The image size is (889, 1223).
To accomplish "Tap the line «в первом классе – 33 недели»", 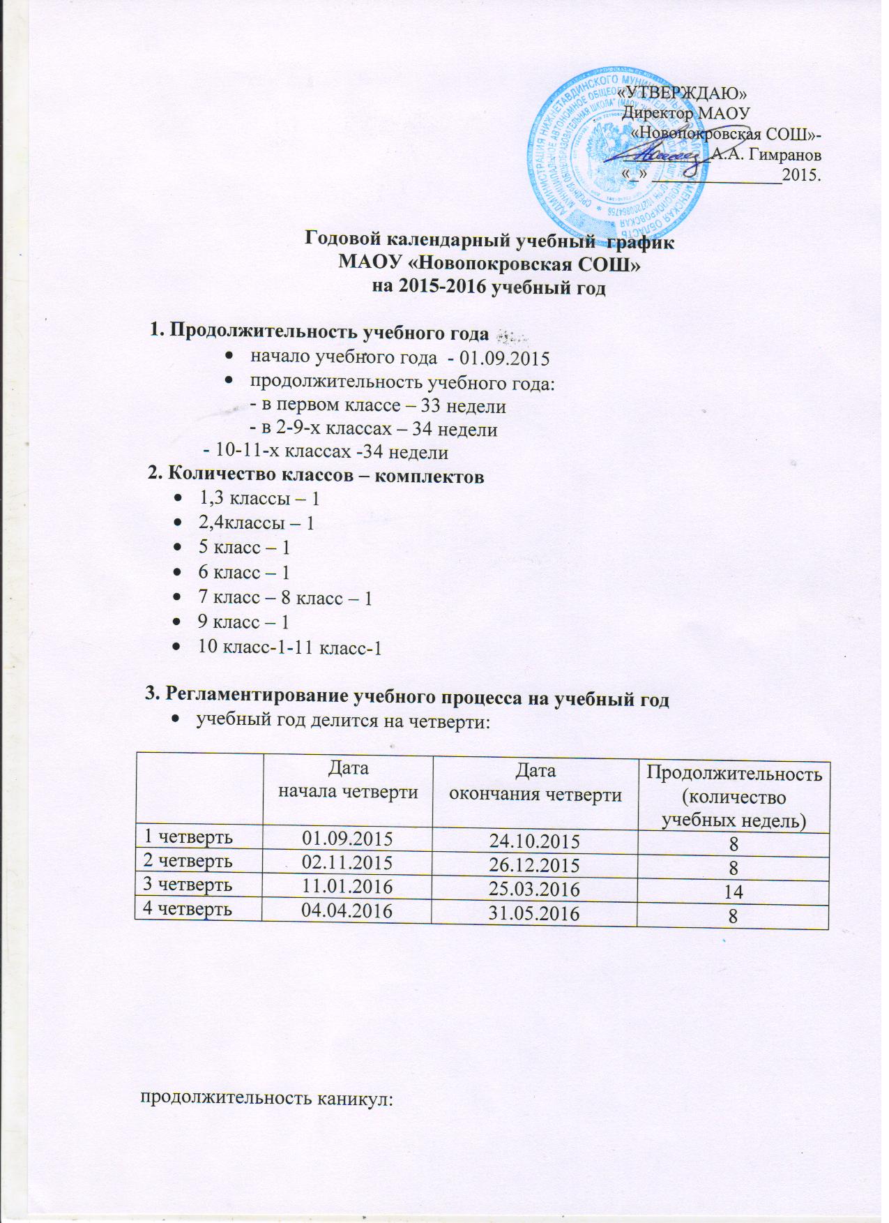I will click(x=377, y=405).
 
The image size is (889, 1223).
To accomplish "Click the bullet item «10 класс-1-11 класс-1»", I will click(x=290, y=647).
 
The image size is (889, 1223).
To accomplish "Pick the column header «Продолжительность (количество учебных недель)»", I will click(x=733, y=797).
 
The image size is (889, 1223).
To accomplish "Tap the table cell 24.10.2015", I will click(x=535, y=842).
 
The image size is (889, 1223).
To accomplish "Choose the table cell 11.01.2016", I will click(x=347, y=886).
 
